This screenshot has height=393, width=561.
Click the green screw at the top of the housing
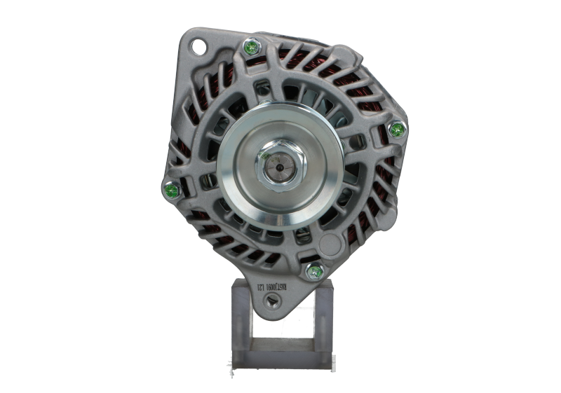pyautogui.click(x=251, y=48)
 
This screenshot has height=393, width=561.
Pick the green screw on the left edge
pyautogui.click(x=168, y=189)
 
